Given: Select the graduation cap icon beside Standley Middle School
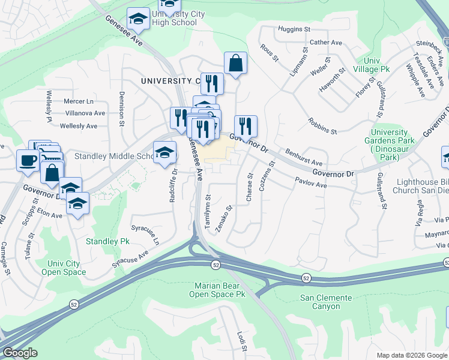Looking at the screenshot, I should pyautogui.click(x=164, y=153).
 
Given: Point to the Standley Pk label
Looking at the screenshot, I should pyautogui.click(x=107, y=241).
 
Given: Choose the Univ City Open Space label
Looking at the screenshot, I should pyautogui.click(x=64, y=268).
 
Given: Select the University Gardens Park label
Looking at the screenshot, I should pyautogui.click(x=393, y=145).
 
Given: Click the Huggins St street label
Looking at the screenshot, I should pyautogui.click(x=294, y=29).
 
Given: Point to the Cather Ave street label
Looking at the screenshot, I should pyautogui.click(x=325, y=43).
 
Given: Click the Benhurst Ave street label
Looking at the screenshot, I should pyautogui.click(x=303, y=157).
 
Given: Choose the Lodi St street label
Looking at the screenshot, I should pyautogui.click(x=241, y=341).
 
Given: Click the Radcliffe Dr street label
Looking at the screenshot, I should pyautogui.click(x=173, y=187).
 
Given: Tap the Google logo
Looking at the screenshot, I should pyautogui.click(x=20, y=353).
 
